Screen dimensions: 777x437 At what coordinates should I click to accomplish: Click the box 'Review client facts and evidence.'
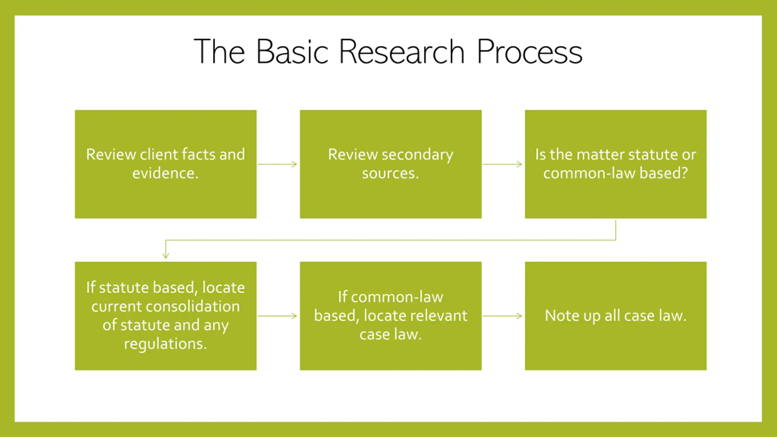[x=166, y=164]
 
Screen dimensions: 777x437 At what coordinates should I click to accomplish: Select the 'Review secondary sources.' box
[x=391, y=164]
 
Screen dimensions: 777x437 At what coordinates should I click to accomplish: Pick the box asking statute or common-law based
[x=616, y=164]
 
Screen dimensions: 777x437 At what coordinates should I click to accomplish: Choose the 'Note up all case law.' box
[x=616, y=316]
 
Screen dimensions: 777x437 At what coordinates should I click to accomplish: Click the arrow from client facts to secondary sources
[x=278, y=164]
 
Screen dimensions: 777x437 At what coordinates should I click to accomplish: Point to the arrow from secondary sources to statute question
[x=503, y=164]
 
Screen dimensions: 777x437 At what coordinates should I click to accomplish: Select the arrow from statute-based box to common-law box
[x=278, y=316]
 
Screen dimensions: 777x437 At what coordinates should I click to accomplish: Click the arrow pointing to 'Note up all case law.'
[x=503, y=316]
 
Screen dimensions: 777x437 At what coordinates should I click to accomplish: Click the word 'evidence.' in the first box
[x=165, y=173]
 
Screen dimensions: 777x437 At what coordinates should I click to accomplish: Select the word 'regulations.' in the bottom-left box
[x=165, y=344]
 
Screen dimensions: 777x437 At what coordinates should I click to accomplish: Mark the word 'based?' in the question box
[x=664, y=173]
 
